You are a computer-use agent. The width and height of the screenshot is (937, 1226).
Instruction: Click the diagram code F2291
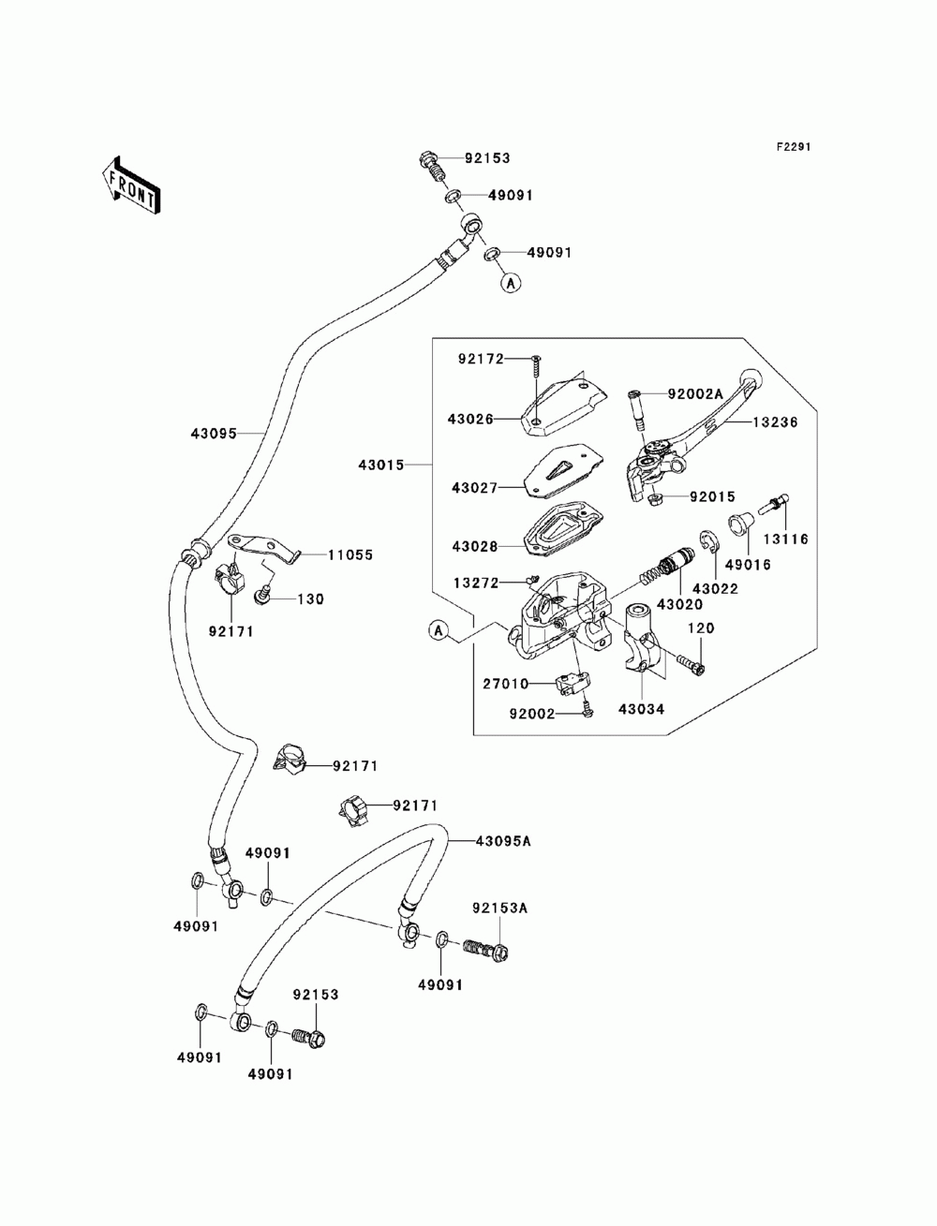[793, 147]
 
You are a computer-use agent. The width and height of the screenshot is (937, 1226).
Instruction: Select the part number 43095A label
[503, 856]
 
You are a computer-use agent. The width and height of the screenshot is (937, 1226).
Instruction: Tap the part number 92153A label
[499, 908]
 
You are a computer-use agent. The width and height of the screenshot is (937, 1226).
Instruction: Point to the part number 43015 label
[381, 465]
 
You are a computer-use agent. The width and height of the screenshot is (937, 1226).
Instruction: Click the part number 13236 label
[775, 422]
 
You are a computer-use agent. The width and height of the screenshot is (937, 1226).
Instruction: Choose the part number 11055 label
[350, 555]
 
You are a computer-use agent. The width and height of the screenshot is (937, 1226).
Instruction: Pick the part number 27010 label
[506, 683]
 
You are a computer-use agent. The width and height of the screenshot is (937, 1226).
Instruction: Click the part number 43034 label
[642, 709]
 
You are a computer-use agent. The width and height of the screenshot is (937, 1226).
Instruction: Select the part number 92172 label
[481, 359]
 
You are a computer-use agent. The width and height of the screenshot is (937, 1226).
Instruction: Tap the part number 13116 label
[786, 539]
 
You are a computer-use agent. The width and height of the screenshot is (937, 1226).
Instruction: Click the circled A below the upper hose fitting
[510, 283]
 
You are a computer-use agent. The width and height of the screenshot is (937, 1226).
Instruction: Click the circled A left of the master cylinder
[439, 630]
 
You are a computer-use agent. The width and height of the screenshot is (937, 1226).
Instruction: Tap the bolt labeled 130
[261, 596]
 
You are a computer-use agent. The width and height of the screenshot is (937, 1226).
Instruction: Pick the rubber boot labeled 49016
[741, 524]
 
